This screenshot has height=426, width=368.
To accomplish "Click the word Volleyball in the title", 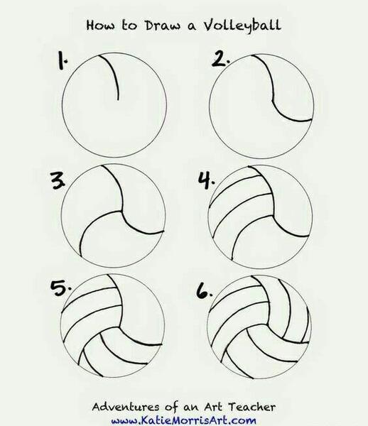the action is [242, 26].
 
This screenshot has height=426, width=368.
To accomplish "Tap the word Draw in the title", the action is [162, 26].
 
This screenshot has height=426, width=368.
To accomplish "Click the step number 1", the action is [62, 61].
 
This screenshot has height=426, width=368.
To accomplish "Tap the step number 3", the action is [58, 180].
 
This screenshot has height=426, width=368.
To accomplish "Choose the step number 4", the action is [206, 180].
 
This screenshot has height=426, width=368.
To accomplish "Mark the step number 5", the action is [61, 289].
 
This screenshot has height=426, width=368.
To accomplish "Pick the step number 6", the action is [205, 292].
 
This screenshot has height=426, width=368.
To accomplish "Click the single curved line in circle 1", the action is [115, 74].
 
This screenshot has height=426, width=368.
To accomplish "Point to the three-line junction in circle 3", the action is [120, 211].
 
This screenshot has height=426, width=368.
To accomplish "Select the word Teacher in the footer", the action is [251, 407].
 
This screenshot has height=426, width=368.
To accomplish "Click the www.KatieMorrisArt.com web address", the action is [184, 420].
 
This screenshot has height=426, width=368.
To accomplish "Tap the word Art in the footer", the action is [213, 407].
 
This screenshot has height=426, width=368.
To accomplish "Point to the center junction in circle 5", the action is [119, 327].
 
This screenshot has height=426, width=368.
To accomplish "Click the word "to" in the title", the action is [129, 26].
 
